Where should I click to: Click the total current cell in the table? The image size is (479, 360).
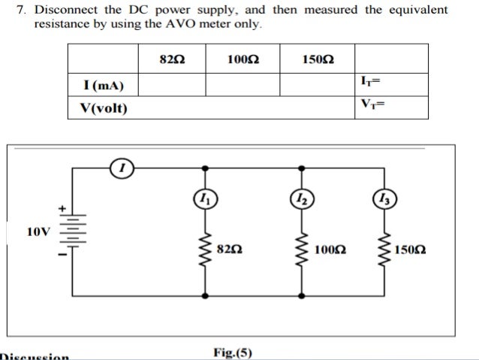390,83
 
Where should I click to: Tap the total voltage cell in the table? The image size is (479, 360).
390,107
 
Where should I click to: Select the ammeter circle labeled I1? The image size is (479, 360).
203,199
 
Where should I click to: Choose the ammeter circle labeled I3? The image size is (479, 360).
387,199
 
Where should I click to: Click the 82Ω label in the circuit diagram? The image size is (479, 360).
228,248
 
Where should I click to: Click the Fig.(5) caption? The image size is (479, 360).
233,352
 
